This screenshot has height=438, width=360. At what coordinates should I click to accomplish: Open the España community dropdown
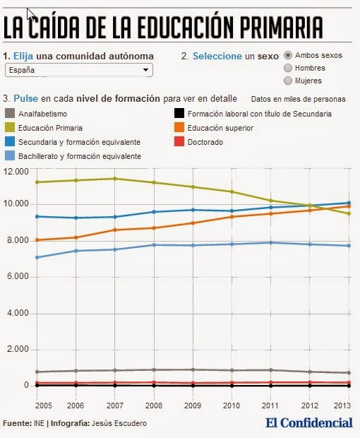pyautogui.click(x=79, y=70)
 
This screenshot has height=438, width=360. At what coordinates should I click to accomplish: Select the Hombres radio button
pyautogui.click(x=288, y=68)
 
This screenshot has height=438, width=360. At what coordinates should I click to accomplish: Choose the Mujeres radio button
pyautogui.click(x=288, y=81)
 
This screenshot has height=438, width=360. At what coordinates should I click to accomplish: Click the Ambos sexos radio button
pyautogui.click(x=288, y=55)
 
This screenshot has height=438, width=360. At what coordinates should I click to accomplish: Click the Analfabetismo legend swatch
pyautogui.click(x=10, y=114)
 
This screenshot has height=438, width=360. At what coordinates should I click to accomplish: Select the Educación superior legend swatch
pyautogui.click(x=179, y=127)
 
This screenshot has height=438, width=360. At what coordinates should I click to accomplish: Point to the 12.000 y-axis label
pyautogui.click(x=16, y=171)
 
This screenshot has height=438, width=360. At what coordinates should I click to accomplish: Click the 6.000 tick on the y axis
pyautogui.click(x=18, y=276)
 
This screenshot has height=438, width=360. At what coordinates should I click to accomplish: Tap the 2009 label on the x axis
pyautogui.click(x=193, y=406)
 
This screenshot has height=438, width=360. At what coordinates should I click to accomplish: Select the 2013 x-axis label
pyautogui.click(x=342, y=406)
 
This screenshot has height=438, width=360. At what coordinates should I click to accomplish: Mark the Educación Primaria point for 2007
pyautogui.click(x=114, y=179)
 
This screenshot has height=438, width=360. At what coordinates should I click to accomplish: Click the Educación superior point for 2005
pyautogui.click(x=37, y=240)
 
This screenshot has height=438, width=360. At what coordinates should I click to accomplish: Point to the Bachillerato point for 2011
pyautogui.click(x=270, y=242)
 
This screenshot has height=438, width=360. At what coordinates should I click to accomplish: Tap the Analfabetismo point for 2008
pyautogui.click(x=154, y=370)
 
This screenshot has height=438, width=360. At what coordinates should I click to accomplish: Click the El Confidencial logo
pyautogui.click(x=309, y=423)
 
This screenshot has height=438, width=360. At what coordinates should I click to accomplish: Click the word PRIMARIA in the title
pyautogui.click(x=282, y=27)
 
